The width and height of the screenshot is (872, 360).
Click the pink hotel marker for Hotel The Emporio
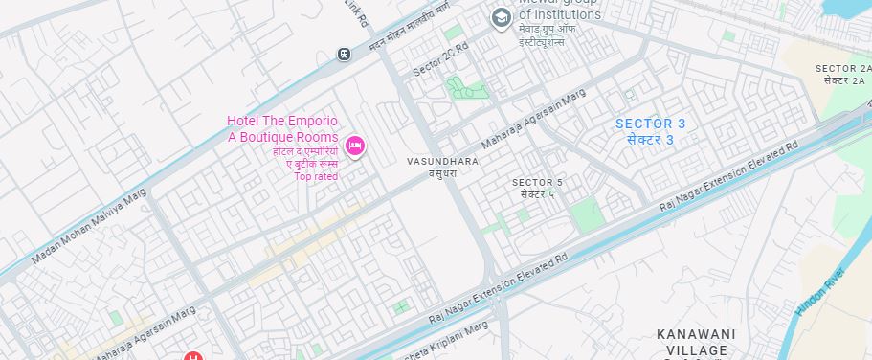click(354, 146)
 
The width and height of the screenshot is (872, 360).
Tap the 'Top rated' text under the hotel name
click(316, 176)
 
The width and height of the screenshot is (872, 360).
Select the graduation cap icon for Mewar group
click(500, 18)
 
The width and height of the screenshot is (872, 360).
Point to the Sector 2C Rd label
click(440, 60)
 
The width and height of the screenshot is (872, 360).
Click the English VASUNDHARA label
click(442, 162)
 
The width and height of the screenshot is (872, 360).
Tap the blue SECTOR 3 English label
click(650, 124)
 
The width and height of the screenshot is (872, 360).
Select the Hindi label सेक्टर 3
click(650, 140)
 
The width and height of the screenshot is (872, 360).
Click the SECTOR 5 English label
click(537, 182)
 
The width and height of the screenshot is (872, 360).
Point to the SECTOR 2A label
click(843, 68)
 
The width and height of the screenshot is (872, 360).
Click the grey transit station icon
click(344, 54)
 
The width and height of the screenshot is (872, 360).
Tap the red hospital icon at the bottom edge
click(193, 356)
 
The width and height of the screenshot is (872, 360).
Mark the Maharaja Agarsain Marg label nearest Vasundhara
click(532, 120)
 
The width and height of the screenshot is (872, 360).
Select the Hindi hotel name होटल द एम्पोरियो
click(305, 151)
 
